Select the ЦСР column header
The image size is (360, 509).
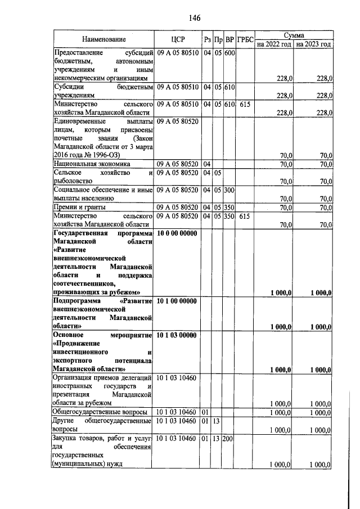coord(177,39)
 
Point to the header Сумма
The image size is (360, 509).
coord(294,35)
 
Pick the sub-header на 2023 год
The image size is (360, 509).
coord(313,44)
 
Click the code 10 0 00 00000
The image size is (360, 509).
coord(177,233)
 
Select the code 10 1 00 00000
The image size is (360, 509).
coord(177,301)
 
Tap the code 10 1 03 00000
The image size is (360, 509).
coord(177,336)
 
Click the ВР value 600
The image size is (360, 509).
coord(229,54)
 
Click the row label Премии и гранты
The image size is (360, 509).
coord(79,208)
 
